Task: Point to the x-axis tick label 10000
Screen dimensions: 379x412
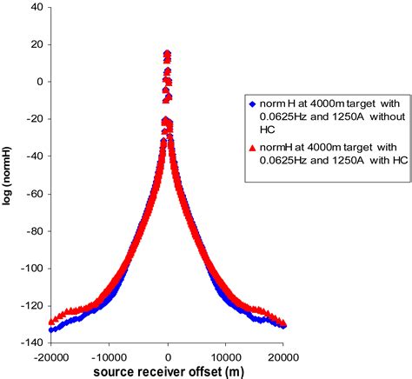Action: coord(227,356)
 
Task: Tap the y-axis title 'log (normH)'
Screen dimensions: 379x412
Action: coord(8,176)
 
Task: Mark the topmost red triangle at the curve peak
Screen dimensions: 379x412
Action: coord(167,53)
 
